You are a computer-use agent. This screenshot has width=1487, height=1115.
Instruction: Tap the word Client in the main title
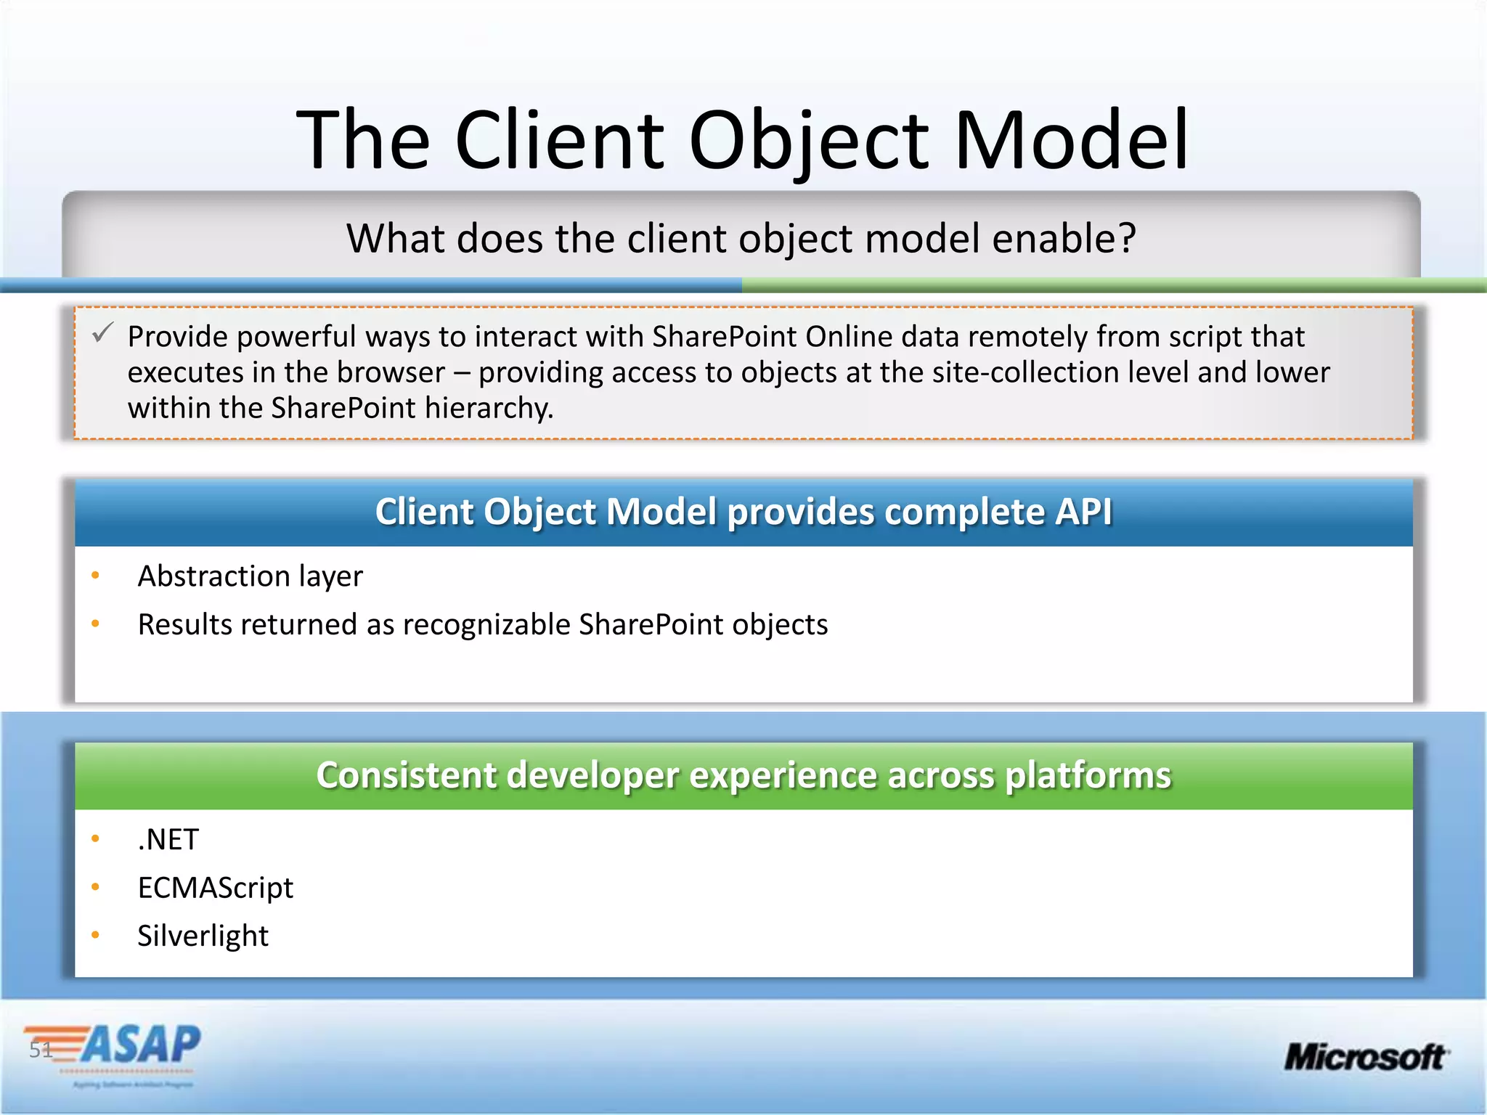tap(559, 139)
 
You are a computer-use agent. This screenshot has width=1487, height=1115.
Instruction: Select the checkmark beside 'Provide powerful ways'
tap(102, 333)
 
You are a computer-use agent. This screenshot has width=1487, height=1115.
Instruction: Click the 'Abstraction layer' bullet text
tap(250, 576)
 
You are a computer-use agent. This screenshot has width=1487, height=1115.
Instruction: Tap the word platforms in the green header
tap(1088, 775)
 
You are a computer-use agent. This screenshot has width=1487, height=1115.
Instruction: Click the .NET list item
tap(168, 840)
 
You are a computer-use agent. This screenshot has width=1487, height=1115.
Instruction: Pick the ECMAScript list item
tap(215, 888)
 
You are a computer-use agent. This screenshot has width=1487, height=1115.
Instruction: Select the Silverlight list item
tap(203, 936)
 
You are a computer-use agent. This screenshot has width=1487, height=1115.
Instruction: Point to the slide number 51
tap(40, 1049)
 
